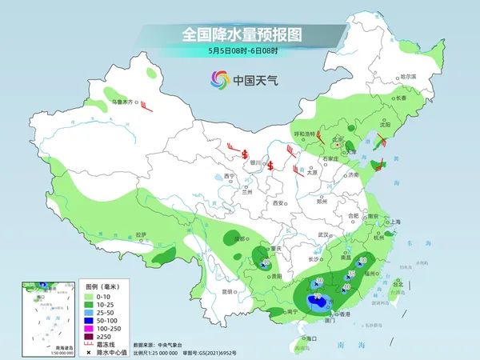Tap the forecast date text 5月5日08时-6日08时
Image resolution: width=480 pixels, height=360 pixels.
[x=241, y=51]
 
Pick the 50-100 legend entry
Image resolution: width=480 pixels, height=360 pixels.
[x=100, y=319]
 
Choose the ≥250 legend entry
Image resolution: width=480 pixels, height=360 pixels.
[x=100, y=335]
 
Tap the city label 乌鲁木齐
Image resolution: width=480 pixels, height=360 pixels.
[x=122, y=102]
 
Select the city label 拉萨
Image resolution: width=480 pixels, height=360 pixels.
[x=142, y=234]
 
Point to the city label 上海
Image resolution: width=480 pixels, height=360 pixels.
[x=393, y=222]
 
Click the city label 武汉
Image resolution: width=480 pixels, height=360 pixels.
[x=323, y=234]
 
